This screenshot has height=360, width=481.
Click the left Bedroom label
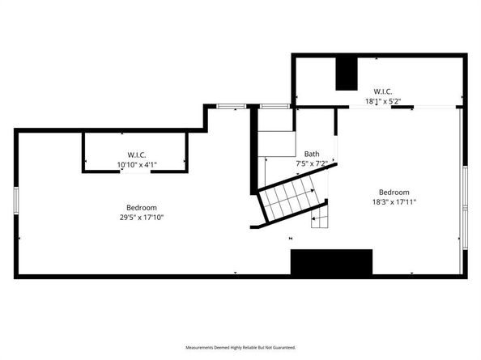click(x=141, y=207)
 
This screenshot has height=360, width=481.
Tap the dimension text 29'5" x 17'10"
click(x=141, y=217)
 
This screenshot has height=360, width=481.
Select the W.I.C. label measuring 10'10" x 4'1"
click(x=136, y=155)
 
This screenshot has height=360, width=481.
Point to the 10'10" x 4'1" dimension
click(x=136, y=164)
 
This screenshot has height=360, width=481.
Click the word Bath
click(x=312, y=154)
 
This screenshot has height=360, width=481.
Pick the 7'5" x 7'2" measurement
click(x=312, y=163)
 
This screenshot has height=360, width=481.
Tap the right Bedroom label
click(x=394, y=193)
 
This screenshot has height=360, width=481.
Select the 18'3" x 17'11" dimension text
click(x=394, y=202)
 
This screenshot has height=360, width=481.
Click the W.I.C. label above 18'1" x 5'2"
click(x=382, y=91)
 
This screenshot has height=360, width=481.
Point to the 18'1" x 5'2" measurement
click(x=382, y=101)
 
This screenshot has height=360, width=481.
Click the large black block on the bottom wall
click(x=331, y=262)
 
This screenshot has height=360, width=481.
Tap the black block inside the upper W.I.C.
click(x=347, y=74)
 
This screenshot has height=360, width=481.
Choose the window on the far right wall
click(x=464, y=191)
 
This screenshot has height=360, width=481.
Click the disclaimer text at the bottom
click(x=240, y=346)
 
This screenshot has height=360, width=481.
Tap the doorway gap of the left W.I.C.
click(x=136, y=171)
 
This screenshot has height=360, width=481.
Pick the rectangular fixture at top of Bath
click(x=275, y=143)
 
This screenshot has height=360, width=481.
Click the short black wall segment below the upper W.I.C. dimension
click(x=399, y=107)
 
